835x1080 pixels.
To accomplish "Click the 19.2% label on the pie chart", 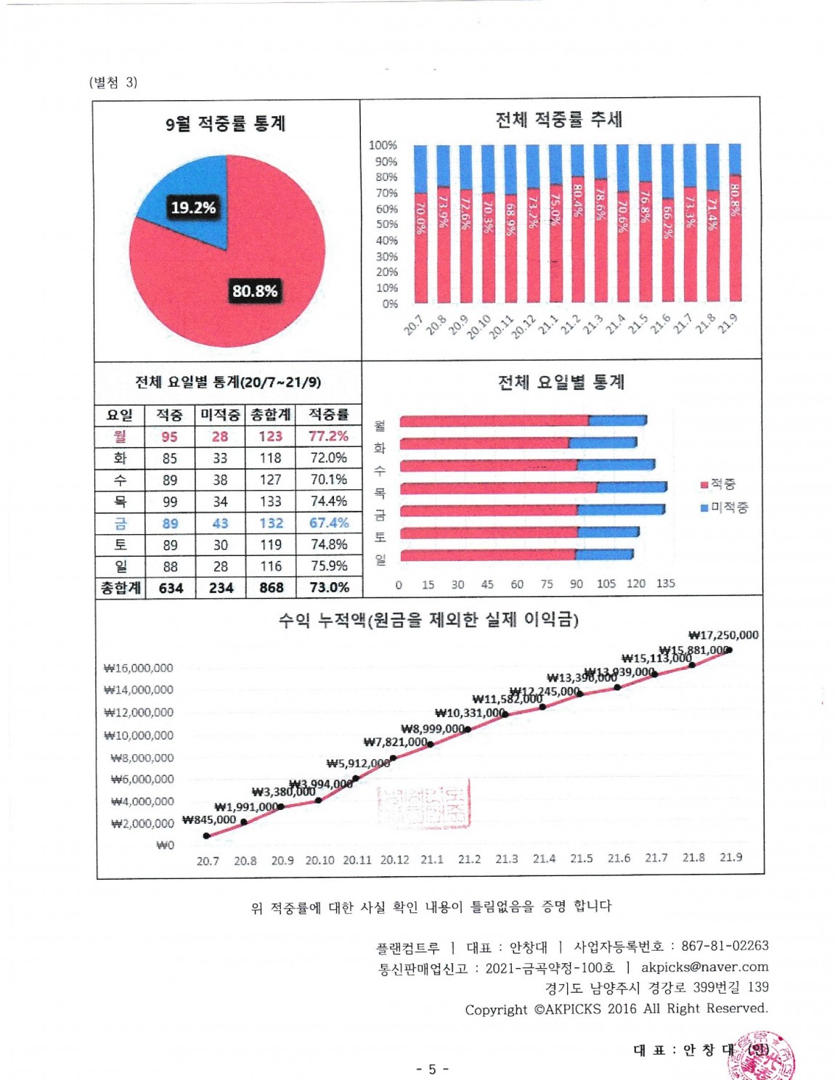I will click(193, 208).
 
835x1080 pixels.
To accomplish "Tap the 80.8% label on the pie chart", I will click(255, 291).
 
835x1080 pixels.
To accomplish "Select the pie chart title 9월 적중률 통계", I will click(225, 123).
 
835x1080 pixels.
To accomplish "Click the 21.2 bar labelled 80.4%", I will click(577, 240).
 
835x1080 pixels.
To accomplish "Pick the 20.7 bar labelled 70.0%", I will click(420, 247).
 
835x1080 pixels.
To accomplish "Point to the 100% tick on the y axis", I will click(383, 145).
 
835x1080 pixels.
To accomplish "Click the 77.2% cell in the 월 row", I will click(328, 436).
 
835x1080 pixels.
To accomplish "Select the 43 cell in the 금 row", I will click(220, 523).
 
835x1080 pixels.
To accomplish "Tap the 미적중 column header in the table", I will click(220, 414).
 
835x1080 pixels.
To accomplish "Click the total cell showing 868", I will click(271, 588).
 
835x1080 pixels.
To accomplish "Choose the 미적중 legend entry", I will click(724, 507).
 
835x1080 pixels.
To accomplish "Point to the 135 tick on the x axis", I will click(665, 584).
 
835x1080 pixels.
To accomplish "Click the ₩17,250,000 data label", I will click(723, 635).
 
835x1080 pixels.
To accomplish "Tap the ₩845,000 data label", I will click(209, 820).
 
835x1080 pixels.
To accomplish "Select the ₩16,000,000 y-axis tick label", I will click(139, 668).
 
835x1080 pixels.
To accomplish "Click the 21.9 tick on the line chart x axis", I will click(730, 858).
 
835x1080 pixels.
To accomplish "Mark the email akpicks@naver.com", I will click(704, 967).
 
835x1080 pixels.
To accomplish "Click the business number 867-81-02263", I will click(725, 946).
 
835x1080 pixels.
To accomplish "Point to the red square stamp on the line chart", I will click(424, 804).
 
